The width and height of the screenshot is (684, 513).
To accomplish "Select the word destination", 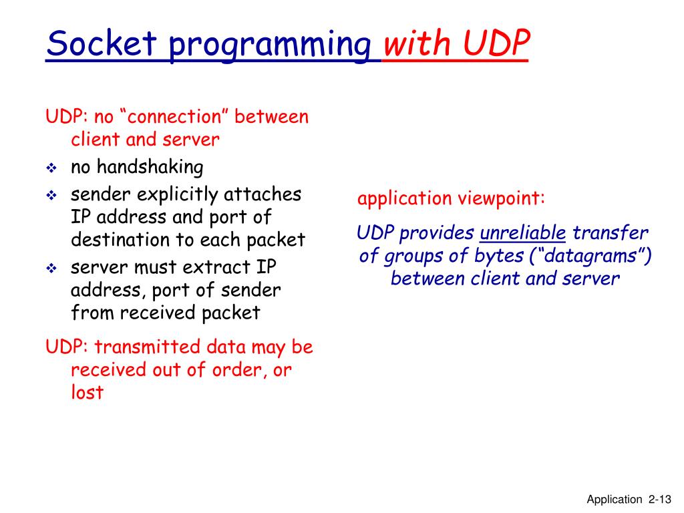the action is [x=120, y=240].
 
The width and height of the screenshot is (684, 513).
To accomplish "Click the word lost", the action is [x=87, y=392].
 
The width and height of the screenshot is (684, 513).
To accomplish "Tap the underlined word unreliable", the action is [x=523, y=233].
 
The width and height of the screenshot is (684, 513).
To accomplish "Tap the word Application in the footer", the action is [x=614, y=499].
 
